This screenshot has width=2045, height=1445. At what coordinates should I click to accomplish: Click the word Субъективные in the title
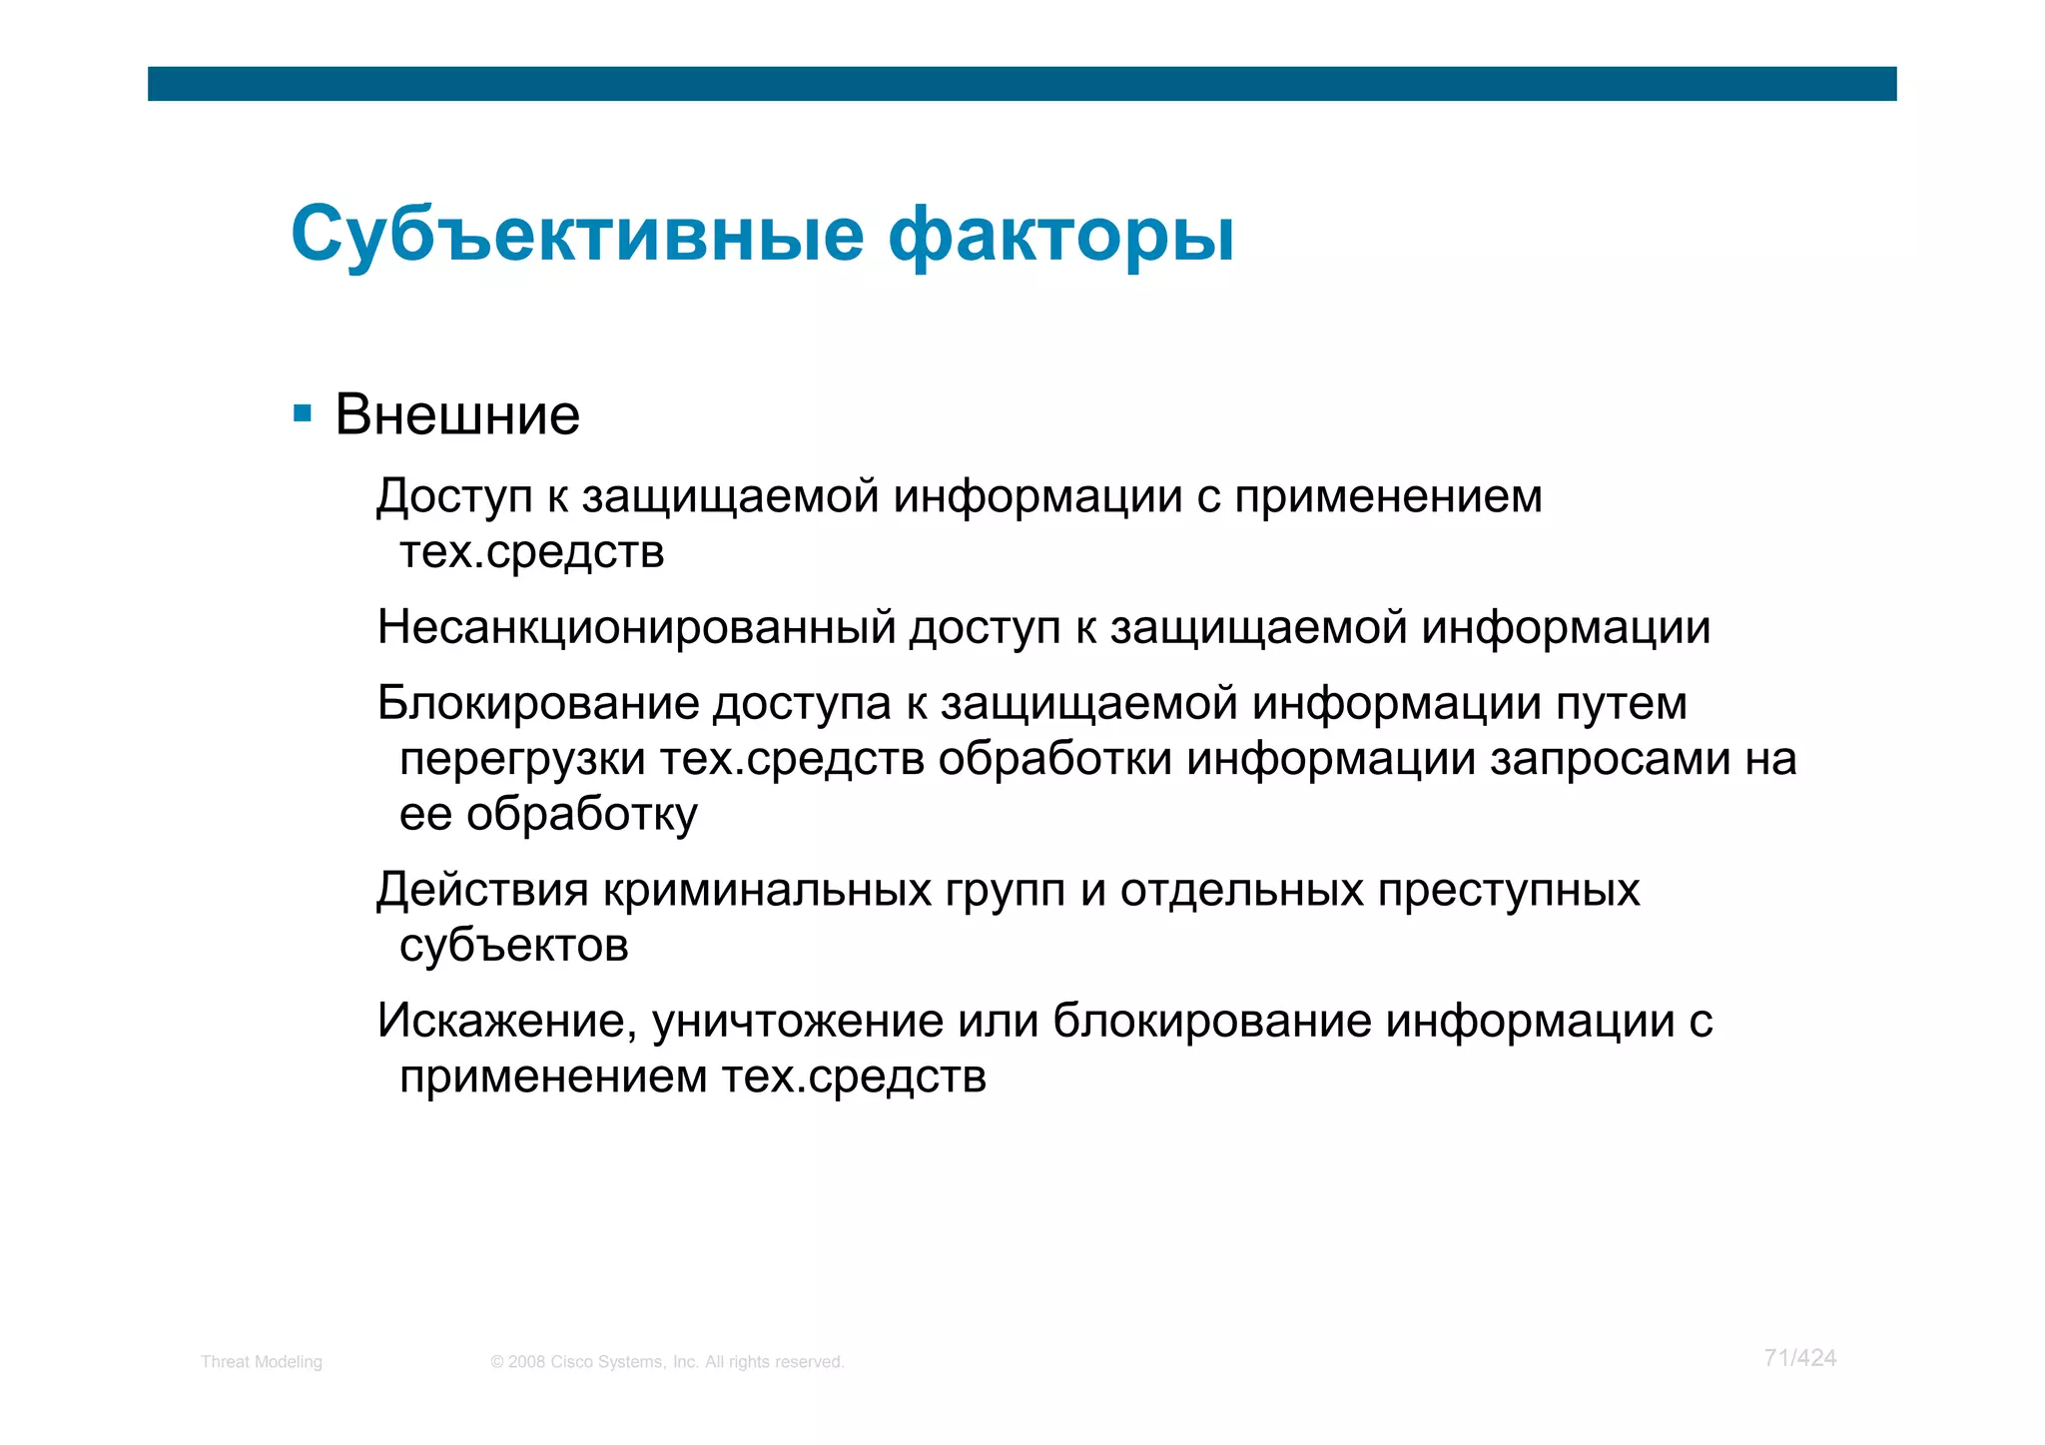click(x=577, y=236)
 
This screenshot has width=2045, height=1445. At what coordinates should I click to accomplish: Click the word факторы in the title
click(x=1060, y=236)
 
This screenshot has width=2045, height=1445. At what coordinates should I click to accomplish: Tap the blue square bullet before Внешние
click(x=303, y=413)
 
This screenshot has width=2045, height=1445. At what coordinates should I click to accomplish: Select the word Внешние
click(x=457, y=415)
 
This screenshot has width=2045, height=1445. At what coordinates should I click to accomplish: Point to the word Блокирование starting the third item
click(x=537, y=704)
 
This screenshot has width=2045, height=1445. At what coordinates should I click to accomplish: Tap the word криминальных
click(x=767, y=890)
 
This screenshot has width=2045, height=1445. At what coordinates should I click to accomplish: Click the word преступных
click(x=1508, y=890)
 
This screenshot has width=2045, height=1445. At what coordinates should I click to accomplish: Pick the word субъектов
click(x=513, y=946)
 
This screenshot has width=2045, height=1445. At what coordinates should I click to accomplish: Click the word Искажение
click(x=507, y=1022)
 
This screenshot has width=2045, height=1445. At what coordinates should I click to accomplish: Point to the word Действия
click(x=482, y=890)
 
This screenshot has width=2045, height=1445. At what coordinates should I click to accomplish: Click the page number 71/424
click(x=1799, y=1358)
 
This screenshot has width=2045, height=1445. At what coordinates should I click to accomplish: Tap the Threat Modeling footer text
click(x=262, y=1362)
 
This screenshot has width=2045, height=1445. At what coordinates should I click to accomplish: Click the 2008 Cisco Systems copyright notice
click(x=667, y=1362)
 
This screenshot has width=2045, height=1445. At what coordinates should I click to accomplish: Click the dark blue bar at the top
click(x=1022, y=84)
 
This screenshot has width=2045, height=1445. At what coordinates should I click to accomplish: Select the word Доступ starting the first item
click(x=454, y=497)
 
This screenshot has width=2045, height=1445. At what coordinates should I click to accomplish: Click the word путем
click(x=1622, y=704)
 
